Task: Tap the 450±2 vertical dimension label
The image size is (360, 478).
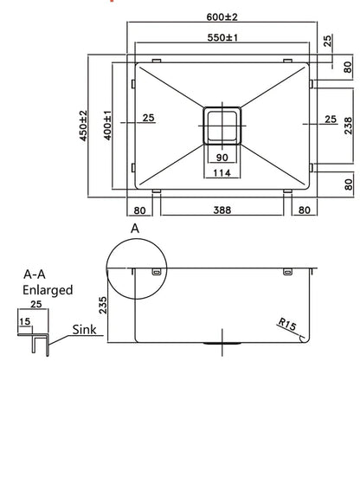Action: coord(84,126)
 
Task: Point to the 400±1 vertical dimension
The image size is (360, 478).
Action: coord(107,126)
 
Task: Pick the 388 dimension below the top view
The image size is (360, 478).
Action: coord(222,209)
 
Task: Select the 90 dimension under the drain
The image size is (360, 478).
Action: coord(222,157)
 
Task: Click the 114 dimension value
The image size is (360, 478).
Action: coord(222,174)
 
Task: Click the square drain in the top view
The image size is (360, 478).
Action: coord(223,125)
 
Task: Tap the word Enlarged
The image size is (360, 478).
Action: coord(48,290)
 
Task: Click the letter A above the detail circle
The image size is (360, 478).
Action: coord(133,228)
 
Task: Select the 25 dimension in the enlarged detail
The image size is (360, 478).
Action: coord(35,305)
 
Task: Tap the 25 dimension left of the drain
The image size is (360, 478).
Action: coord(147,118)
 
